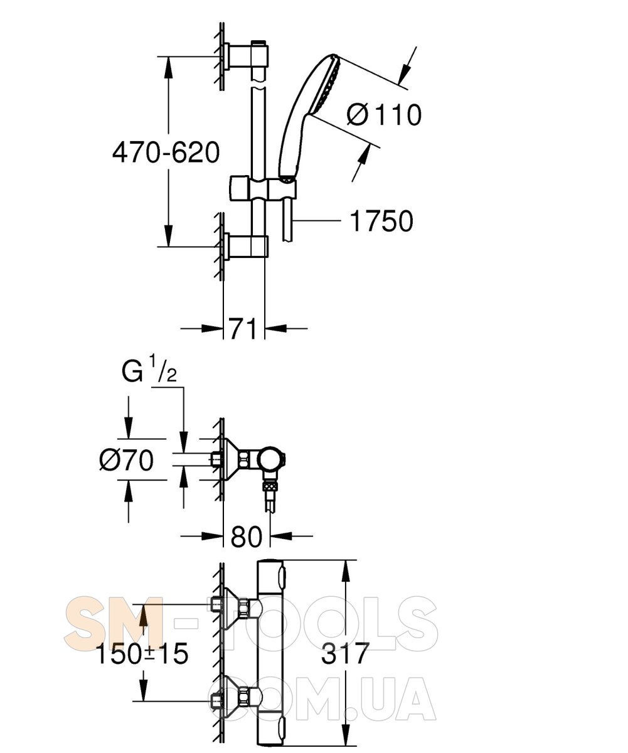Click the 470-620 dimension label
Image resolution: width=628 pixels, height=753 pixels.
click(x=166, y=152)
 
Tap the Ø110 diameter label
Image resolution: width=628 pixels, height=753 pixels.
click(x=384, y=115)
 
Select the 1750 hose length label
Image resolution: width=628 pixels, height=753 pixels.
click(x=381, y=221)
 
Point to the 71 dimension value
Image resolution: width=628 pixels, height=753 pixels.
click(x=243, y=328)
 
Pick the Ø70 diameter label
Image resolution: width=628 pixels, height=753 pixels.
click(x=126, y=460)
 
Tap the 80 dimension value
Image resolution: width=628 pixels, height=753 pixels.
click(x=246, y=536)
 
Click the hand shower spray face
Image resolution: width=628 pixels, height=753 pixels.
click(x=327, y=85)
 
